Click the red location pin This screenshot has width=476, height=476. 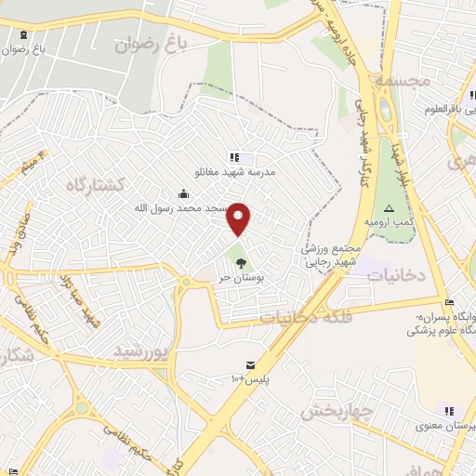click(240, 218)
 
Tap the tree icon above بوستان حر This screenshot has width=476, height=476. click(242, 263)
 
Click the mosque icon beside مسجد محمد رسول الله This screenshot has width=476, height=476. click(183, 193)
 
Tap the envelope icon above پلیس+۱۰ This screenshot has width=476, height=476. click(249, 364)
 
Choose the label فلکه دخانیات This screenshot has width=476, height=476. click(306, 318)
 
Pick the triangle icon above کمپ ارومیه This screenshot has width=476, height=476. click(390, 208)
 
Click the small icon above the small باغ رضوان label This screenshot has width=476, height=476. click(22, 35)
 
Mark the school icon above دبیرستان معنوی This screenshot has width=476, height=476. click(449, 411)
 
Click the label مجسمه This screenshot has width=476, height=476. click(403, 82)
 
